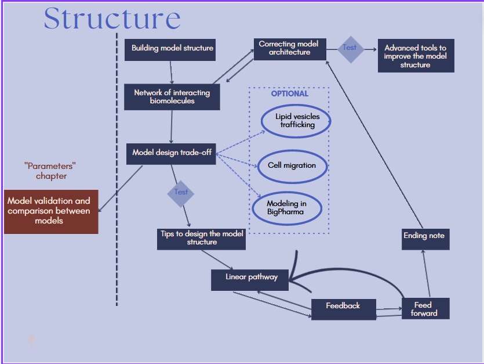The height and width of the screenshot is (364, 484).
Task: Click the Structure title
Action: tap(112, 19)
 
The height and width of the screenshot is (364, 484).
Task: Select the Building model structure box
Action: tap(172, 49)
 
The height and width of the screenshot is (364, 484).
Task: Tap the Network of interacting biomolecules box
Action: tap(172, 96)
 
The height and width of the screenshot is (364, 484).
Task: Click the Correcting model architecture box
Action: tap(289, 48)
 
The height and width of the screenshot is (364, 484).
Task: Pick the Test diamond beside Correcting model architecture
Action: tap(350, 48)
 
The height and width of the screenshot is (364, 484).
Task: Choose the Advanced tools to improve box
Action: tap(416, 56)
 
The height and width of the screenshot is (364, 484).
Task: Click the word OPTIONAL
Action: tap(290, 93)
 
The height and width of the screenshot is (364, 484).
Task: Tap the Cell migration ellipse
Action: tap(292, 165)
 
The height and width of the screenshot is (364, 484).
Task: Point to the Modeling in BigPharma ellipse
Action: tap(286, 207)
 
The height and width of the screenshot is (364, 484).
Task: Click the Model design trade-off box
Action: tap(172, 153)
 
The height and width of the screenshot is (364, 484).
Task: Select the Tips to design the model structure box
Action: tap(202, 238)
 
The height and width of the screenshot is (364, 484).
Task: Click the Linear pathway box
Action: tap(252, 277)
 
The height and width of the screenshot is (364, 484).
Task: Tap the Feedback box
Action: tap(343, 306)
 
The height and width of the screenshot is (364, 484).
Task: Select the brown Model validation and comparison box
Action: tap(50, 211)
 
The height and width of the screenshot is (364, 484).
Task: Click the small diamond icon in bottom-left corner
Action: tap(32, 340)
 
